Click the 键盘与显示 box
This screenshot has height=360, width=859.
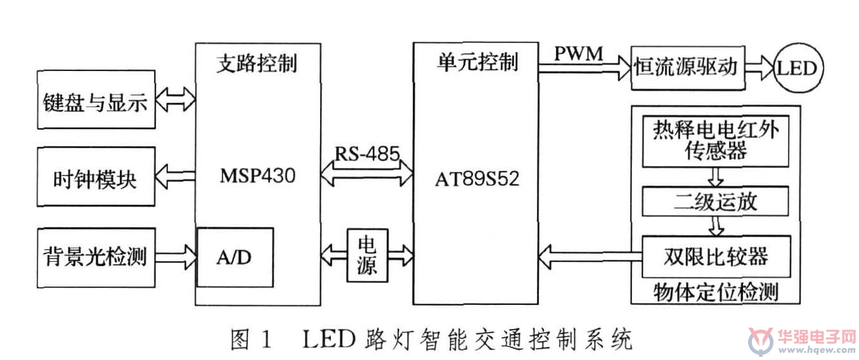[x=96, y=100]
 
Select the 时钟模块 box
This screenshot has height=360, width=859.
[x=96, y=177]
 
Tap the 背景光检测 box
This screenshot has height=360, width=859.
[x=96, y=257]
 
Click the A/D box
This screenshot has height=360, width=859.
[x=235, y=257]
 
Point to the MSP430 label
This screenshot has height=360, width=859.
[x=257, y=176]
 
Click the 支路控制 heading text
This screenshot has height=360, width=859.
[x=257, y=63]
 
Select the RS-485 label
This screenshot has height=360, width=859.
[x=367, y=154]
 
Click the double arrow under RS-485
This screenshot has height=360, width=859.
[x=367, y=173]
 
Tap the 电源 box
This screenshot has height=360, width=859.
[x=368, y=255]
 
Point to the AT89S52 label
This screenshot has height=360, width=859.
[x=477, y=179]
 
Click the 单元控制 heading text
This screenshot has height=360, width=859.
[x=477, y=62]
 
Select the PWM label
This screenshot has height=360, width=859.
[x=579, y=53]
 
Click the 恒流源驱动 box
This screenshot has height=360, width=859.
[x=688, y=68]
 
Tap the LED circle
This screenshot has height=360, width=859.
[x=798, y=68]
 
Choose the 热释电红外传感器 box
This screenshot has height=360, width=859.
[x=716, y=141]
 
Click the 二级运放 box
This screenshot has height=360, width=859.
[x=716, y=202]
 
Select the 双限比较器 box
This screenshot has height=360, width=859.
[x=716, y=257]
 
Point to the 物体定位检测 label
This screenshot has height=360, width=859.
[x=716, y=292]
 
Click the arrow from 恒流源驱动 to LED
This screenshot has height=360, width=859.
[x=759, y=68]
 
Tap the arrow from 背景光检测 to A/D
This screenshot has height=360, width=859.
[x=176, y=257]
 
